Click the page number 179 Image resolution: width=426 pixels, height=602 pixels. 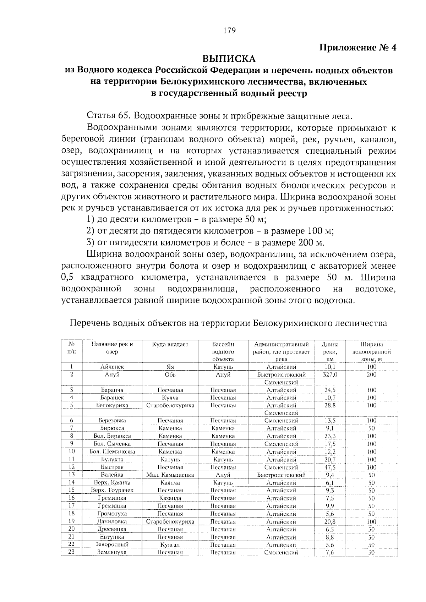[x=229, y=30]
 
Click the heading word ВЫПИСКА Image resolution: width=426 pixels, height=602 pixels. [x=229, y=58]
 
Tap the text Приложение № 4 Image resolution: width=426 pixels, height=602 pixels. [x=358, y=47]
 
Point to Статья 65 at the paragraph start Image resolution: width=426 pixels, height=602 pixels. [x=107, y=116]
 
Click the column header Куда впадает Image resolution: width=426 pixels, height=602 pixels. [x=170, y=344]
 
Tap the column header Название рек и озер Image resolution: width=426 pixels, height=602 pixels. [x=112, y=348]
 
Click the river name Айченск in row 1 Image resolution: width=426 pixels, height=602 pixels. [x=112, y=367]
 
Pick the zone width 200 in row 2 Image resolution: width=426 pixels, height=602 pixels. [x=371, y=374]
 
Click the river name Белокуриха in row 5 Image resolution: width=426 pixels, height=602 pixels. [x=112, y=405]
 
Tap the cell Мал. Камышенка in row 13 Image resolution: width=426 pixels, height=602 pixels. [x=170, y=475]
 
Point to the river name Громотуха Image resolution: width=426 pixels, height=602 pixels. [x=112, y=514]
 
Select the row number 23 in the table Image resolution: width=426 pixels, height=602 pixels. [x=71, y=552]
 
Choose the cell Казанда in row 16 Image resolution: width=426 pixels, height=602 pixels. [x=170, y=498]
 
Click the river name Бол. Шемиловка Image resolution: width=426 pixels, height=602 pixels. [x=112, y=451]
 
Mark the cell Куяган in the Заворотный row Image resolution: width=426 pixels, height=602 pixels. [x=170, y=544]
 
